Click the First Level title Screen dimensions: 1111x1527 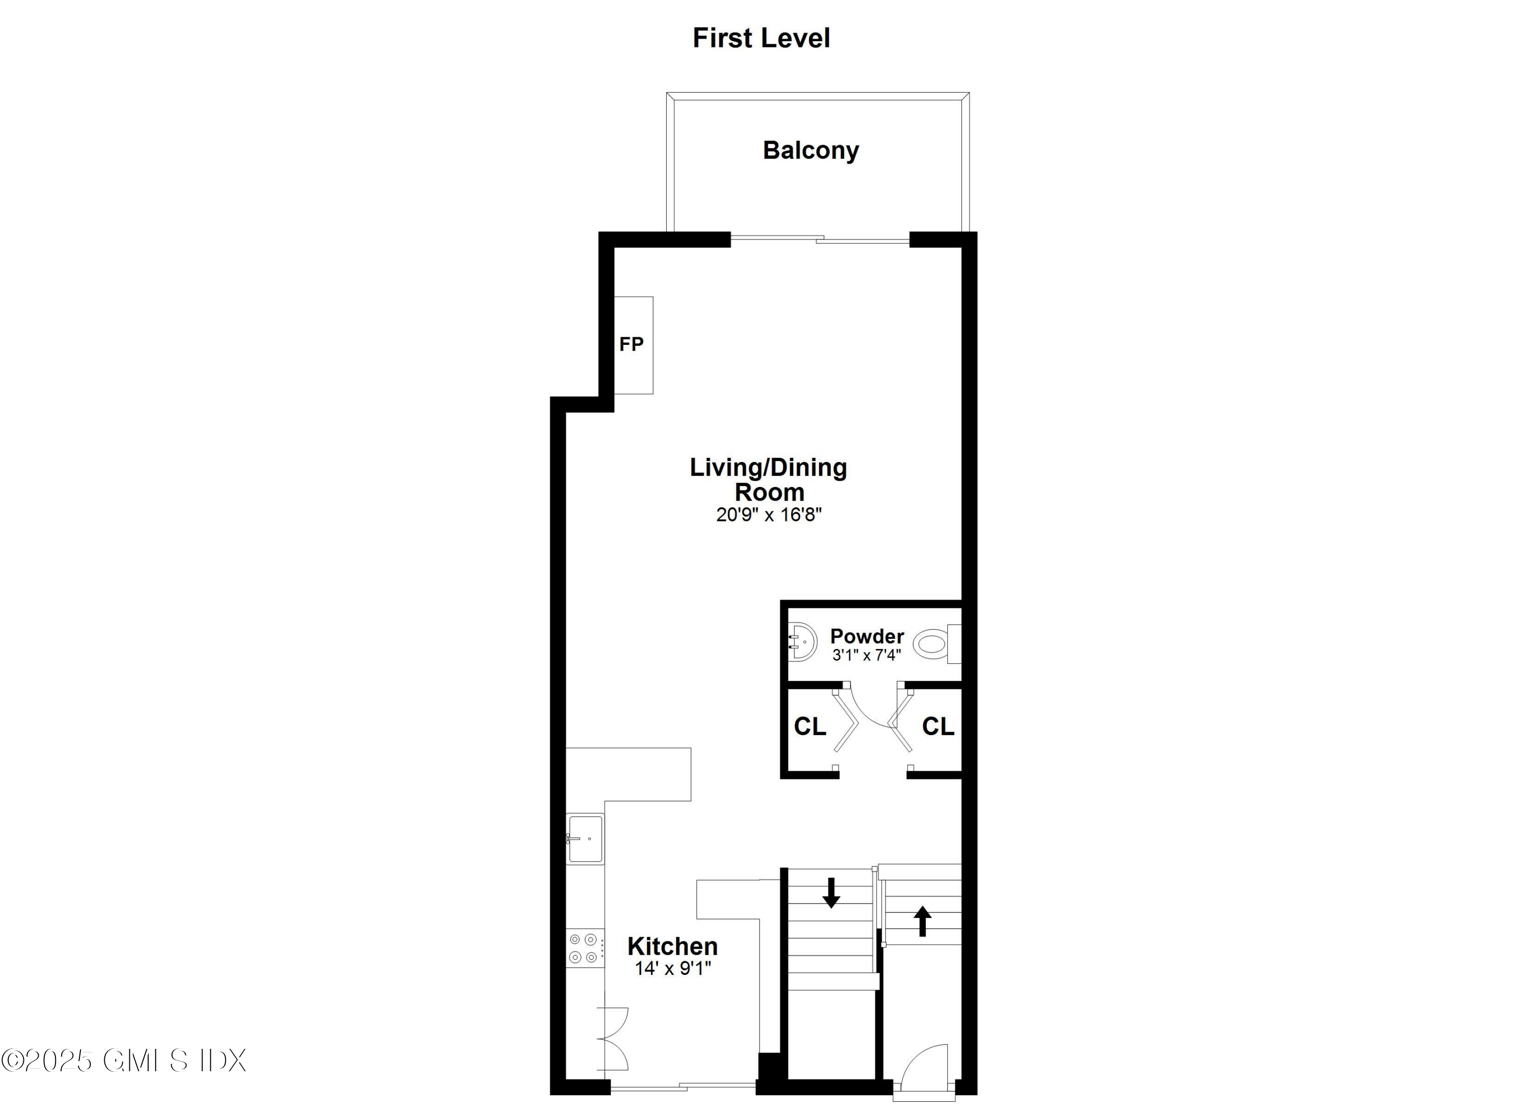(x=761, y=38)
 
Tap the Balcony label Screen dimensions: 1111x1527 (x=811, y=150)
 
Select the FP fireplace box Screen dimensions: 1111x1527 (x=633, y=345)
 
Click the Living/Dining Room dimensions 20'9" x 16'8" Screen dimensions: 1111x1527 (x=768, y=514)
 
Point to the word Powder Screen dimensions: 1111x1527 (x=866, y=636)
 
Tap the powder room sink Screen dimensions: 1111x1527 (x=802, y=642)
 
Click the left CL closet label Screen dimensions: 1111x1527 (x=809, y=726)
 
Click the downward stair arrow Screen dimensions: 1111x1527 (x=832, y=892)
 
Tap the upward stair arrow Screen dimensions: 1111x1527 (x=922, y=921)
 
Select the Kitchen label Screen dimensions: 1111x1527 (x=672, y=946)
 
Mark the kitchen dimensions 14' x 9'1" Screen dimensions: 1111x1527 (x=672, y=968)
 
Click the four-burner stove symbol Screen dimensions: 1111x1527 (x=584, y=948)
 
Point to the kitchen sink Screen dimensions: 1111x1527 (x=585, y=839)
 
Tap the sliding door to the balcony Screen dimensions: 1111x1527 (x=819, y=239)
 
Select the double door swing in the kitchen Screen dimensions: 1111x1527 (x=613, y=1040)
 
